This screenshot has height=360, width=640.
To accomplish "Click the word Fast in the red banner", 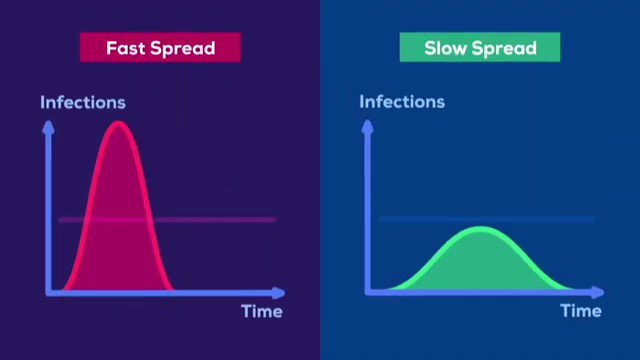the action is pyautogui.click(x=125, y=48).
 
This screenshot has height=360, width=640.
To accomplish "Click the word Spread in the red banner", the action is pyautogui.click(x=183, y=48).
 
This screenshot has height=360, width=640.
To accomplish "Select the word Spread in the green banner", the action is pyautogui.click(x=504, y=48).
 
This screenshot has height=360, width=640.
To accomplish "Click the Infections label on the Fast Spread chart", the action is pyautogui.click(x=83, y=102).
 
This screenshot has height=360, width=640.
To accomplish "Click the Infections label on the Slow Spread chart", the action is pyautogui.click(x=402, y=102).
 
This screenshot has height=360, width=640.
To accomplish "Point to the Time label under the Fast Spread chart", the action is pyautogui.click(x=262, y=311).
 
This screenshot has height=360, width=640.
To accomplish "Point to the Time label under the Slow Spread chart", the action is pyautogui.click(x=581, y=311).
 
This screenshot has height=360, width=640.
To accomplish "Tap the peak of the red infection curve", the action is pyautogui.click(x=118, y=123).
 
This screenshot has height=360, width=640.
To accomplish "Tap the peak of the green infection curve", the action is pyautogui.click(x=481, y=228).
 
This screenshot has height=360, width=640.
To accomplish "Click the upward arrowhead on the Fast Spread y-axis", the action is pyautogui.click(x=49, y=127).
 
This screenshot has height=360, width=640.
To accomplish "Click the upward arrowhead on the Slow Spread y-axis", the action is pyautogui.click(x=368, y=126).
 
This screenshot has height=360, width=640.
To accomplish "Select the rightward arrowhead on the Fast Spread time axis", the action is pyautogui.click(x=279, y=293).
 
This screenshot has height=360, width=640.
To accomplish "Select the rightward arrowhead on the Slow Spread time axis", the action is pyautogui.click(x=598, y=292).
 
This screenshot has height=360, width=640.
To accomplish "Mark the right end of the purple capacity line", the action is pyautogui.click(x=276, y=220).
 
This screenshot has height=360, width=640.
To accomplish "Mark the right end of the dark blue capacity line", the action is pyautogui.click(x=594, y=219).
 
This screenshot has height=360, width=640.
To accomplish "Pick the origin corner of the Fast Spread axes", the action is pyautogui.click(x=49, y=293).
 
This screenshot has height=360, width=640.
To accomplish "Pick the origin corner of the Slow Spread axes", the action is pyautogui.click(x=368, y=292).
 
